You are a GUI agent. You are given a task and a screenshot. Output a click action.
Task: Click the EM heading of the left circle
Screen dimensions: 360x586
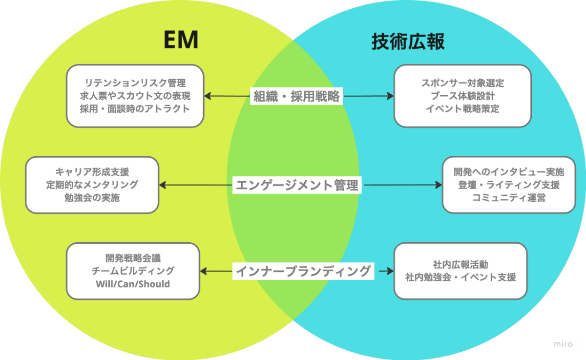click(181, 41)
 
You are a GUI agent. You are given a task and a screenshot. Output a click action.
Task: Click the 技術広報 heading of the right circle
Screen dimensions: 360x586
click(408, 42)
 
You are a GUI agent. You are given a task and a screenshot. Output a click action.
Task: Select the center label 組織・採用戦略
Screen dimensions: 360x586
click(296, 96)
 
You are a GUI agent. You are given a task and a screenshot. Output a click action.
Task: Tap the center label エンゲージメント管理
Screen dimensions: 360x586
click(297, 185)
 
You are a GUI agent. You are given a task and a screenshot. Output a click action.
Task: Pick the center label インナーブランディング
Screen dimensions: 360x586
click(303, 271)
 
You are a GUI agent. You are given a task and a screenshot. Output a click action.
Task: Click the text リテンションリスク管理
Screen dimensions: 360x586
click(135, 83)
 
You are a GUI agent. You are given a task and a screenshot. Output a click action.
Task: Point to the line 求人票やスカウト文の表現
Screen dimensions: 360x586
click(135, 96)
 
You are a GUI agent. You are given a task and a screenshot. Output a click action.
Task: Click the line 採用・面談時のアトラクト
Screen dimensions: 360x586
click(135, 108)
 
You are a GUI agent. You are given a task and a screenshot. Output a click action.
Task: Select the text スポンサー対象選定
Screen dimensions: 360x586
click(462, 83)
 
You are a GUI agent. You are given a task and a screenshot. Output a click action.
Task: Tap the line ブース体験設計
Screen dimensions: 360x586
click(462, 96)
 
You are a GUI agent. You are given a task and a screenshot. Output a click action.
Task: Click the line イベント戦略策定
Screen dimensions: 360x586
click(462, 108)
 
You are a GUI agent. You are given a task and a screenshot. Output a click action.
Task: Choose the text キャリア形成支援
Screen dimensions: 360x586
click(92, 172)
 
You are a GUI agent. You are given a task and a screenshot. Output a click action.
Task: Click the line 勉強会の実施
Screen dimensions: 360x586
click(92, 198)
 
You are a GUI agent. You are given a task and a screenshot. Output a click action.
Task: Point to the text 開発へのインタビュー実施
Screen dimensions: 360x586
click(509, 172)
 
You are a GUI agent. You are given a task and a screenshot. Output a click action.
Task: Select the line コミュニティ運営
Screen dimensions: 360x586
click(509, 198)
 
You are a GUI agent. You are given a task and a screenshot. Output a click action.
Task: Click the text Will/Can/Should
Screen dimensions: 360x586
click(133, 284)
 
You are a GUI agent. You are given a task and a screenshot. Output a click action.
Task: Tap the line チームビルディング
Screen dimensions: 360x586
click(133, 271)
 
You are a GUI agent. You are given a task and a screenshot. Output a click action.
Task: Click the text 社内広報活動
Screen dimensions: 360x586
click(460, 264)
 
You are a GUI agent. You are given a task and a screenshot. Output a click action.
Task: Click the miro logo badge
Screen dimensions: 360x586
click(563, 343)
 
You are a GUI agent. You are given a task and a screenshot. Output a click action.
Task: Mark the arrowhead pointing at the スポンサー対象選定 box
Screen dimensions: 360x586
click(391, 96)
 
